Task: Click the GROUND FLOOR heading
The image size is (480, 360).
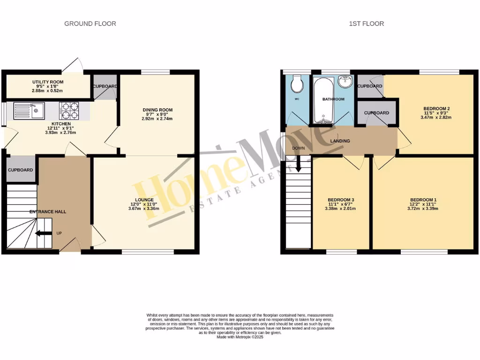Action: click(x=90, y=23)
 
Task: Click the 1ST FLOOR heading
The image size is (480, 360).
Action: click(x=366, y=23)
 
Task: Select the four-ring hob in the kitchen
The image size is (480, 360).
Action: click(x=69, y=112)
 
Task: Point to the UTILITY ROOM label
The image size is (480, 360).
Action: click(x=48, y=82)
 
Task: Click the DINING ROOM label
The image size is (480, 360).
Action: click(x=157, y=110)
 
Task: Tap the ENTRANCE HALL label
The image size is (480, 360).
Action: click(x=48, y=212)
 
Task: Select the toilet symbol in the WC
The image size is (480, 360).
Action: click(x=296, y=84)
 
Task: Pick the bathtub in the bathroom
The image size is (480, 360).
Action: click(x=323, y=101)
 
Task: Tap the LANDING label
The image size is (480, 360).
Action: click(x=340, y=141)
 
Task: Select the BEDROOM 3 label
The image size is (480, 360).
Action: click(x=340, y=199)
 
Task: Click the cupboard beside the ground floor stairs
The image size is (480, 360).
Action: click(x=21, y=170)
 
